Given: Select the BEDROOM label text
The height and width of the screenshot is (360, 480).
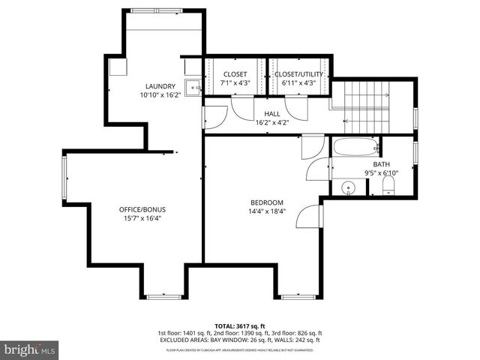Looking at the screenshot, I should click(x=266, y=202).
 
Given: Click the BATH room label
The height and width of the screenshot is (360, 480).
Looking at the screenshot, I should click(x=381, y=164).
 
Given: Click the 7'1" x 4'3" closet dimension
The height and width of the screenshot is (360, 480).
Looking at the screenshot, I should click(x=235, y=83).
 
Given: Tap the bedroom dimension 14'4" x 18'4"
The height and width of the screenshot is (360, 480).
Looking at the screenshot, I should click(x=266, y=212).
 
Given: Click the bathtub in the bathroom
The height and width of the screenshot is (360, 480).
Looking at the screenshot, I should click(x=355, y=146).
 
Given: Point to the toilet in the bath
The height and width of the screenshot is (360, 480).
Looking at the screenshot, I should click(x=388, y=190).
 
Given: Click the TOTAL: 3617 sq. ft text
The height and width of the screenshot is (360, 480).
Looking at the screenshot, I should click(x=240, y=325).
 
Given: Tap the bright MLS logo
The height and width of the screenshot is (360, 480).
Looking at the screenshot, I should click(x=30, y=349).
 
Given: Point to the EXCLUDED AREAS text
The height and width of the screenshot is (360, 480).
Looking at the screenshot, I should click(x=240, y=339).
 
